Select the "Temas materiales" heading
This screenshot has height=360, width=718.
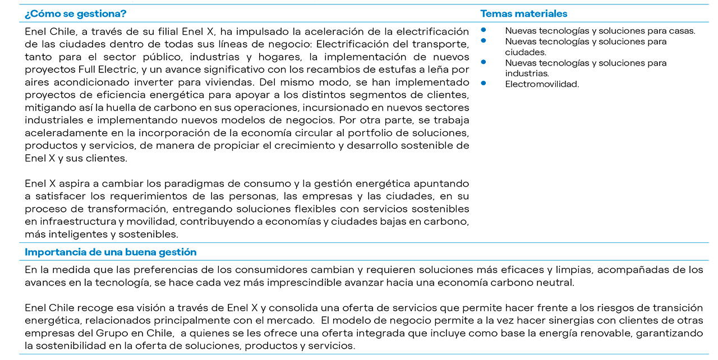(x=523, y=13)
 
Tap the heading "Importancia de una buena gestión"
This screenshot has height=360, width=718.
(x=111, y=252)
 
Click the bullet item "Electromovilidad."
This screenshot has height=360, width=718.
(x=542, y=84)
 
